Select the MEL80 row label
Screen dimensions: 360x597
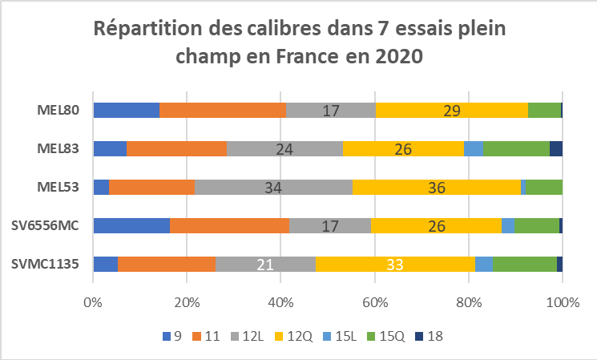tap(58, 111)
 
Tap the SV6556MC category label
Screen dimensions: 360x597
tap(46, 226)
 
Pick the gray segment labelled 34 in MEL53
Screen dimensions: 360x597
tap(273, 188)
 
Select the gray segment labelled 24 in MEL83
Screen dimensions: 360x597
tap(284, 149)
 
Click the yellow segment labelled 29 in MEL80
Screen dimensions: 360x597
tap(451, 111)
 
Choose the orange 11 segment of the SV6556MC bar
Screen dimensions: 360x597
tap(229, 226)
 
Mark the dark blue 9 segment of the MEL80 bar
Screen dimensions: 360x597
tap(126, 111)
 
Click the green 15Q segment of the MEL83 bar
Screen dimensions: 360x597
tap(516, 149)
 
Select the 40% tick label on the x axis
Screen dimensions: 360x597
tap(280, 302)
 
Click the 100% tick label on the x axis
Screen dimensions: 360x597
tap(563, 302)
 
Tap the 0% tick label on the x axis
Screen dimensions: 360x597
tap(93, 302)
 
